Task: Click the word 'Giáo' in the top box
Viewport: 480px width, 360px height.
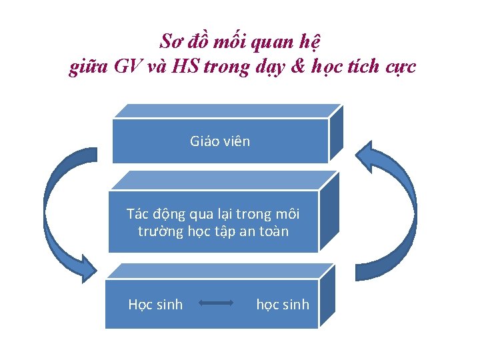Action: click(204, 141)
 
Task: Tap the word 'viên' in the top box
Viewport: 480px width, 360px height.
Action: click(237, 141)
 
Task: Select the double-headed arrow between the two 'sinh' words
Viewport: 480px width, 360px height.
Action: click(215, 304)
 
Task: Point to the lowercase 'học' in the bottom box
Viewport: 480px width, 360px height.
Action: click(268, 305)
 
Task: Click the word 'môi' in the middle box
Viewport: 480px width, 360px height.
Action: click(287, 214)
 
